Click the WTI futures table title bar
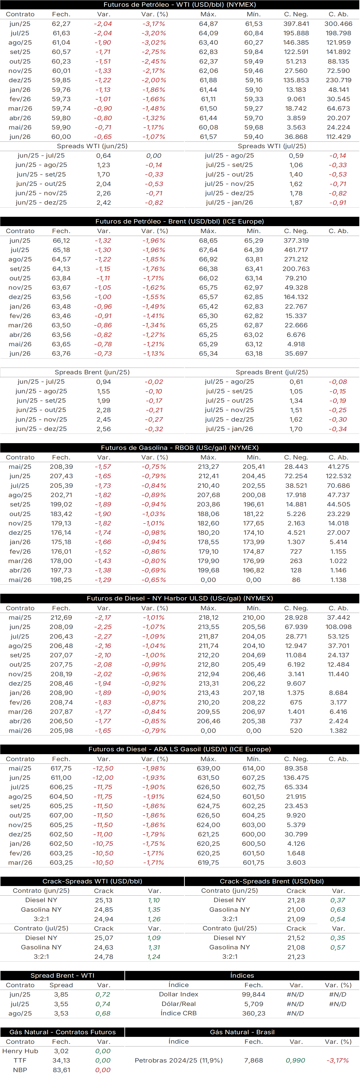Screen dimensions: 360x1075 click(180, 5)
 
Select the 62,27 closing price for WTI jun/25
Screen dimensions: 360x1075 click(61, 24)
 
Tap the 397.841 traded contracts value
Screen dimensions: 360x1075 click(296, 24)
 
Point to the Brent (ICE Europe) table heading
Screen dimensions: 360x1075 click(180, 221)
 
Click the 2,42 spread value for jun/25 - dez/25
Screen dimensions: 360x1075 click(104, 202)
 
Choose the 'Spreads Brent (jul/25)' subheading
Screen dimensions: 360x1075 click(272, 372)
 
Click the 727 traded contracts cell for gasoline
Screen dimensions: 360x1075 click(296, 551)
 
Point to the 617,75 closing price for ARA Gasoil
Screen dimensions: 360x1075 click(61, 768)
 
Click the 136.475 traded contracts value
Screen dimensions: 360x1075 click(296, 777)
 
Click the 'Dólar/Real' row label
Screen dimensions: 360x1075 click(179, 1004)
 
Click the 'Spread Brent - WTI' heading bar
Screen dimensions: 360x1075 click(62, 975)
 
